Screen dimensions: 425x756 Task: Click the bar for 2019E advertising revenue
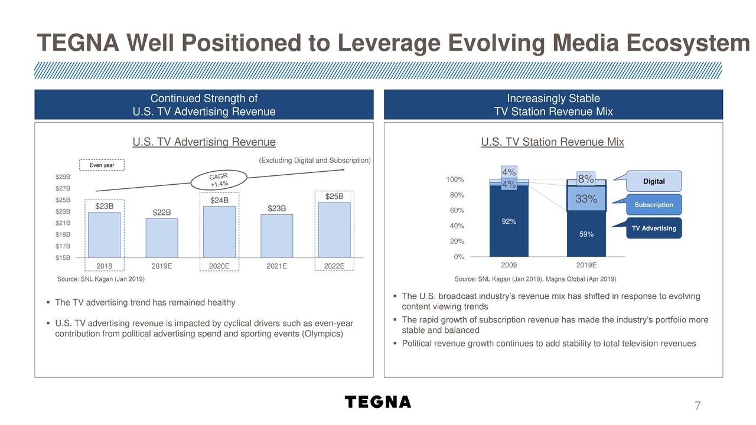tap(162, 238)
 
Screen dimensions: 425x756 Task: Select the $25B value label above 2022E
tap(334, 196)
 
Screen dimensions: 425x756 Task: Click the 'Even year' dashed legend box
tap(102, 165)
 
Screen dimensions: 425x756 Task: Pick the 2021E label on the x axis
tap(276, 266)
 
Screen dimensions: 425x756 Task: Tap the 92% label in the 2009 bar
tap(509, 222)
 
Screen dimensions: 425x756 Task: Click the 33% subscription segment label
tap(586, 200)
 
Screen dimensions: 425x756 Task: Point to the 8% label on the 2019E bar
tap(586, 179)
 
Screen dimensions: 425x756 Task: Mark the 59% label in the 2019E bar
tap(586, 235)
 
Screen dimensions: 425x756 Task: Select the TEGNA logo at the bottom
tap(378, 402)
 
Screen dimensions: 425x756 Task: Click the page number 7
tap(698, 406)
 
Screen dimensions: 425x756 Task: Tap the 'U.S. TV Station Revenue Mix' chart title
tap(552, 142)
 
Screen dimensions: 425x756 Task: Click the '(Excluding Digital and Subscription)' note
tap(315, 161)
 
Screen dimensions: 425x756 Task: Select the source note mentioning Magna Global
tap(535, 279)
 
